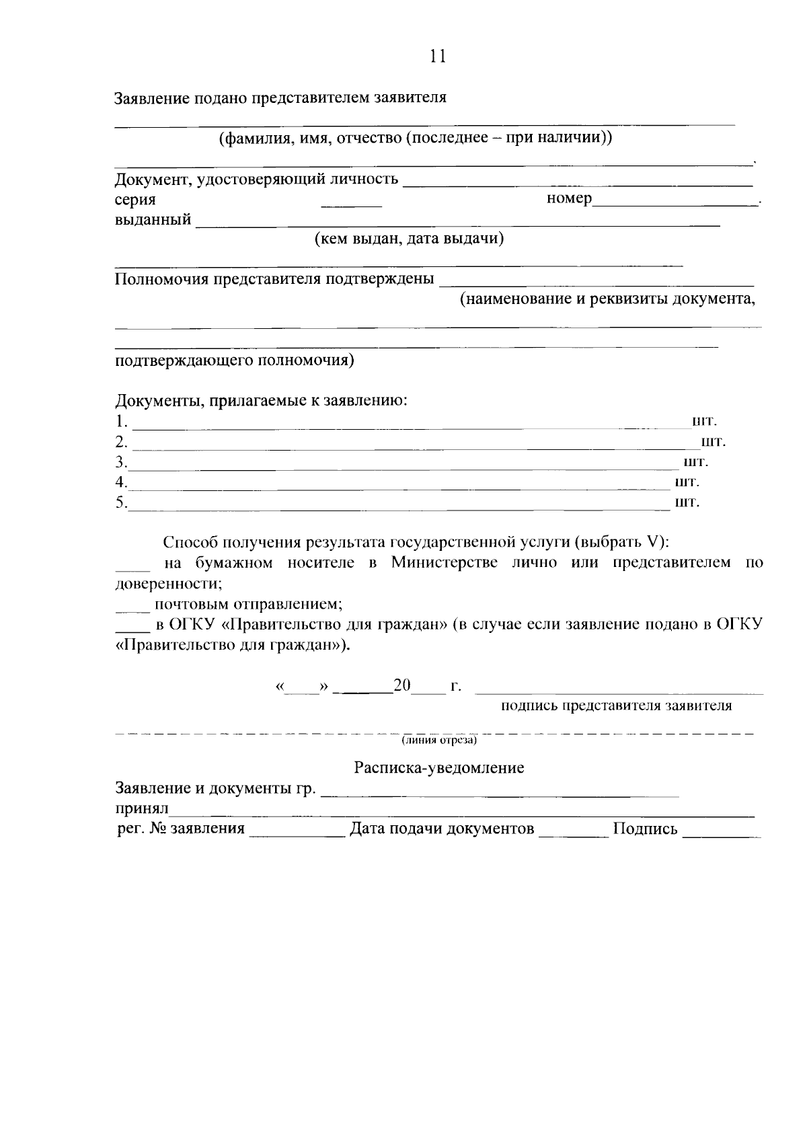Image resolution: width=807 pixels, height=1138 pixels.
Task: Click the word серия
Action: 135,200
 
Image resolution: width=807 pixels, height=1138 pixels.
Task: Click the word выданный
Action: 153,220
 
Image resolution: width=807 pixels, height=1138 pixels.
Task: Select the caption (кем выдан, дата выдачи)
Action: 410,239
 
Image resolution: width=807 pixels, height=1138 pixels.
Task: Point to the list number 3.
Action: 120,463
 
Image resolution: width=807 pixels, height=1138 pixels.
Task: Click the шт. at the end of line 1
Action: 705,422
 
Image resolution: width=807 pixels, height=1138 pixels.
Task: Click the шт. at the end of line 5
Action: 687,502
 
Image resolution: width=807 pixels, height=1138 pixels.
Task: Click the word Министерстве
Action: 445,563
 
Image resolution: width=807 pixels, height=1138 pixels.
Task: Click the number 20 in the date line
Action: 402,686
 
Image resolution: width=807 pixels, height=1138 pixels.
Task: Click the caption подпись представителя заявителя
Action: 616,706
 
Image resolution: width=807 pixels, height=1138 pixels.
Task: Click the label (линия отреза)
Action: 439,741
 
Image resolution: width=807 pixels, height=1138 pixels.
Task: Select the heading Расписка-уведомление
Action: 439,768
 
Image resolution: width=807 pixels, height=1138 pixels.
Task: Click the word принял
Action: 142,809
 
